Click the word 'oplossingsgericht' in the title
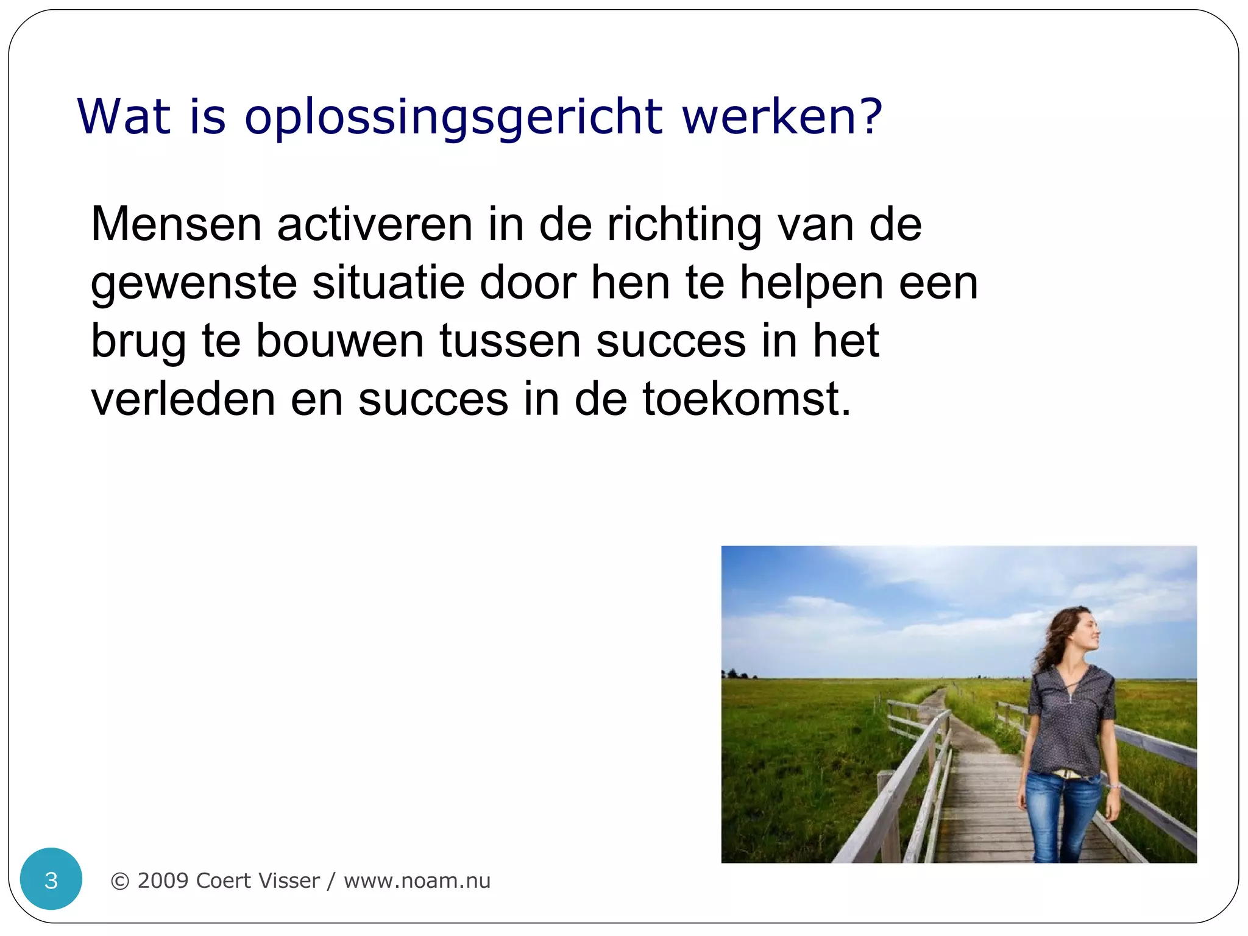click(453, 117)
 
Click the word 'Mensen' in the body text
click(176, 224)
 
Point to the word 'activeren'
click(375, 224)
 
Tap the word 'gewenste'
click(194, 283)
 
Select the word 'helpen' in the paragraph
click(811, 283)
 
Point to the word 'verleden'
click(183, 399)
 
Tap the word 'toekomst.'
click(746, 399)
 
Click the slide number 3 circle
click(51, 879)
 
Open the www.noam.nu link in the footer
click(417, 881)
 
